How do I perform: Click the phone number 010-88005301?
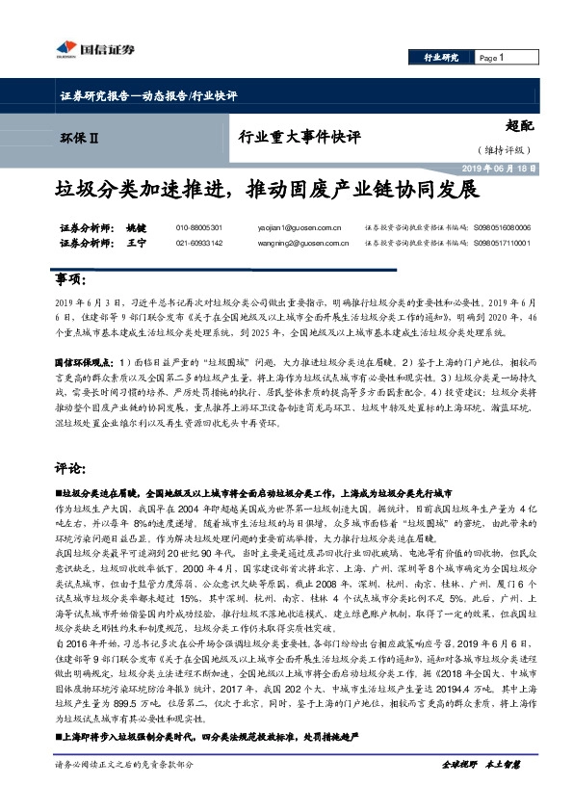pos(198,227)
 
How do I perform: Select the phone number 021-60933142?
pos(198,244)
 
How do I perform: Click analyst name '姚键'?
pos(136,227)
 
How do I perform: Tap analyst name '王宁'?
pos(136,244)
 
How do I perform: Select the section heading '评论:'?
pos(70,468)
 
